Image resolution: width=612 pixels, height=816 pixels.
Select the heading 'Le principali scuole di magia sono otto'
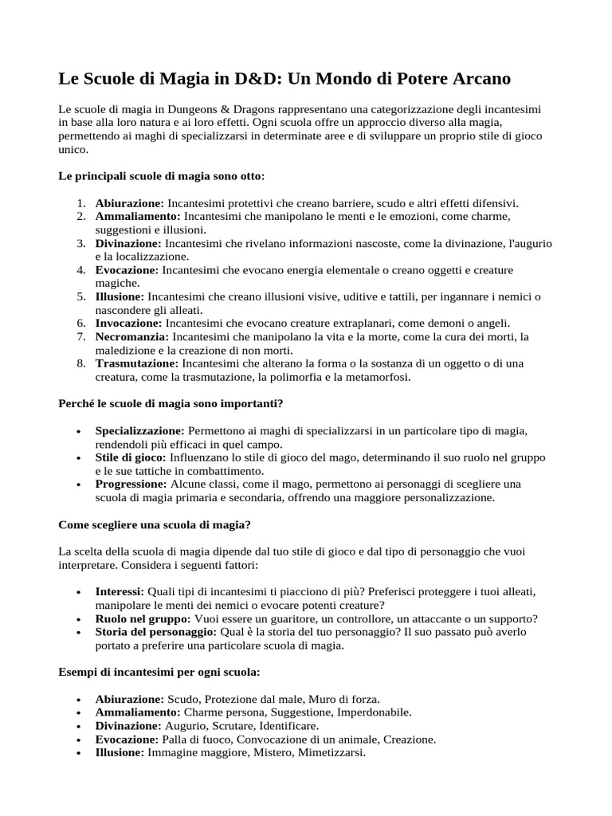tap(162, 175)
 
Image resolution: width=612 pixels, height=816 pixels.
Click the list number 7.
tap(81, 337)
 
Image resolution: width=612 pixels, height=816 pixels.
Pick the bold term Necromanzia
tap(131, 337)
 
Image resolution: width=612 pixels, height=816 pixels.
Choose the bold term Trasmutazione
tap(137, 363)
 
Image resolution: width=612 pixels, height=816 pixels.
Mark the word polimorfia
tap(306, 377)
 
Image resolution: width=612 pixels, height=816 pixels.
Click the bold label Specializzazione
tap(139, 431)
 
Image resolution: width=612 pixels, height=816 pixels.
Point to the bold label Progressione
tap(131, 484)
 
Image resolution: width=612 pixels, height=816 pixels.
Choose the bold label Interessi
tap(120, 592)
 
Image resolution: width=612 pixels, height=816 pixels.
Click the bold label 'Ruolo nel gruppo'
tap(143, 618)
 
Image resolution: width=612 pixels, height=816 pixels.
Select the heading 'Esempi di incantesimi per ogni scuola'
tap(159, 673)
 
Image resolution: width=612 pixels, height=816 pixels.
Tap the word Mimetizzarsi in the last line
tap(330, 752)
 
